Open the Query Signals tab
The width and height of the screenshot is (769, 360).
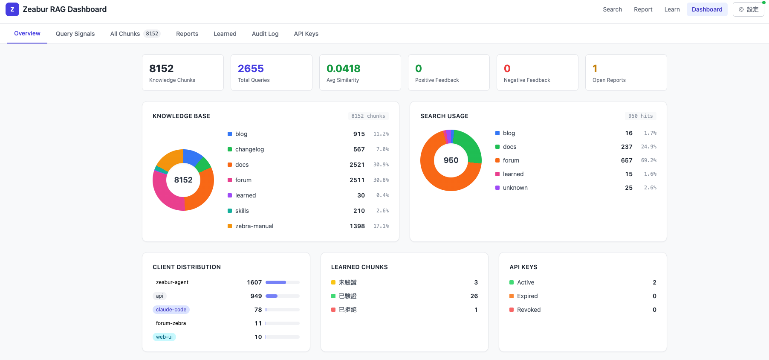(x=75, y=34)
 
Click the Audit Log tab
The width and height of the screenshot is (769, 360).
(x=265, y=34)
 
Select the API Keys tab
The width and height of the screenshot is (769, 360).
(x=306, y=34)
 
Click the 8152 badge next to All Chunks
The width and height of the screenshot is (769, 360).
(x=152, y=34)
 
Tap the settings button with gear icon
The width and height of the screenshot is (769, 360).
(x=748, y=9)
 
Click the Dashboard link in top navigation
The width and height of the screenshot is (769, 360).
(x=707, y=9)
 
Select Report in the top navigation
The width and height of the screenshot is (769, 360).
(x=643, y=9)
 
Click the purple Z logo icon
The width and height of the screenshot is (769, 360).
(x=12, y=9)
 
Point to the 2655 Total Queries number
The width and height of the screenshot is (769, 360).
(x=251, y=69)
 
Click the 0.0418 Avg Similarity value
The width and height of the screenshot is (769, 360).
(x=343, y=69)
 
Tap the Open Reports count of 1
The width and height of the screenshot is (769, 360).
(x=595, y=69)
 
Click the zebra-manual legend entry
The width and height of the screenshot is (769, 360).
(x=254, y=226)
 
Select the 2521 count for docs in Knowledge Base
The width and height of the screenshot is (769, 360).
(x=357, y=165)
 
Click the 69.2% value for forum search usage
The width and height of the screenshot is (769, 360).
(x=648, y=160)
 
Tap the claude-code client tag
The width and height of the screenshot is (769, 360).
(x=171, y=310)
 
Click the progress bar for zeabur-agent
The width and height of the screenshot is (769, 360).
(x=282, y=282)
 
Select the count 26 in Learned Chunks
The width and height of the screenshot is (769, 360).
(x=474, y=296)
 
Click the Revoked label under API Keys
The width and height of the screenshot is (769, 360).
(x=529, y=310)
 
